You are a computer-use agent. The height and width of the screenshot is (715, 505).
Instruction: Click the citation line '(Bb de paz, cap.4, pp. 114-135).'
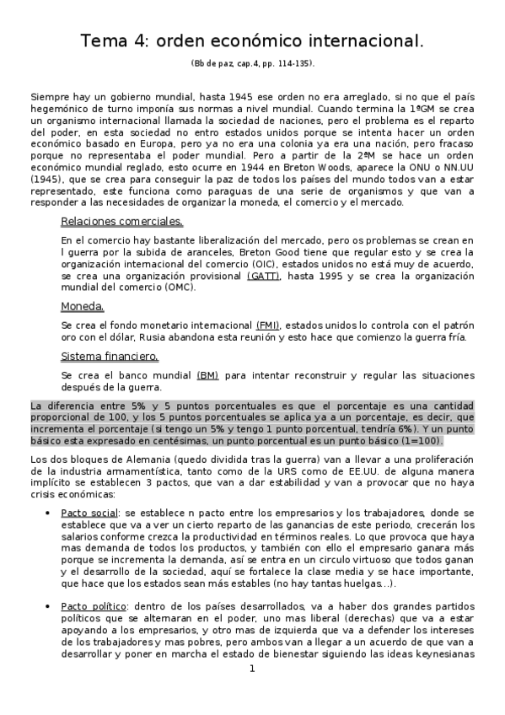pyautogui.click(x=252, y=64)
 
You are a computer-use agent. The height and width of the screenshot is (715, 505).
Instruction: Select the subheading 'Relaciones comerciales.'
pyautogui.click(x=121, y=222)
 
